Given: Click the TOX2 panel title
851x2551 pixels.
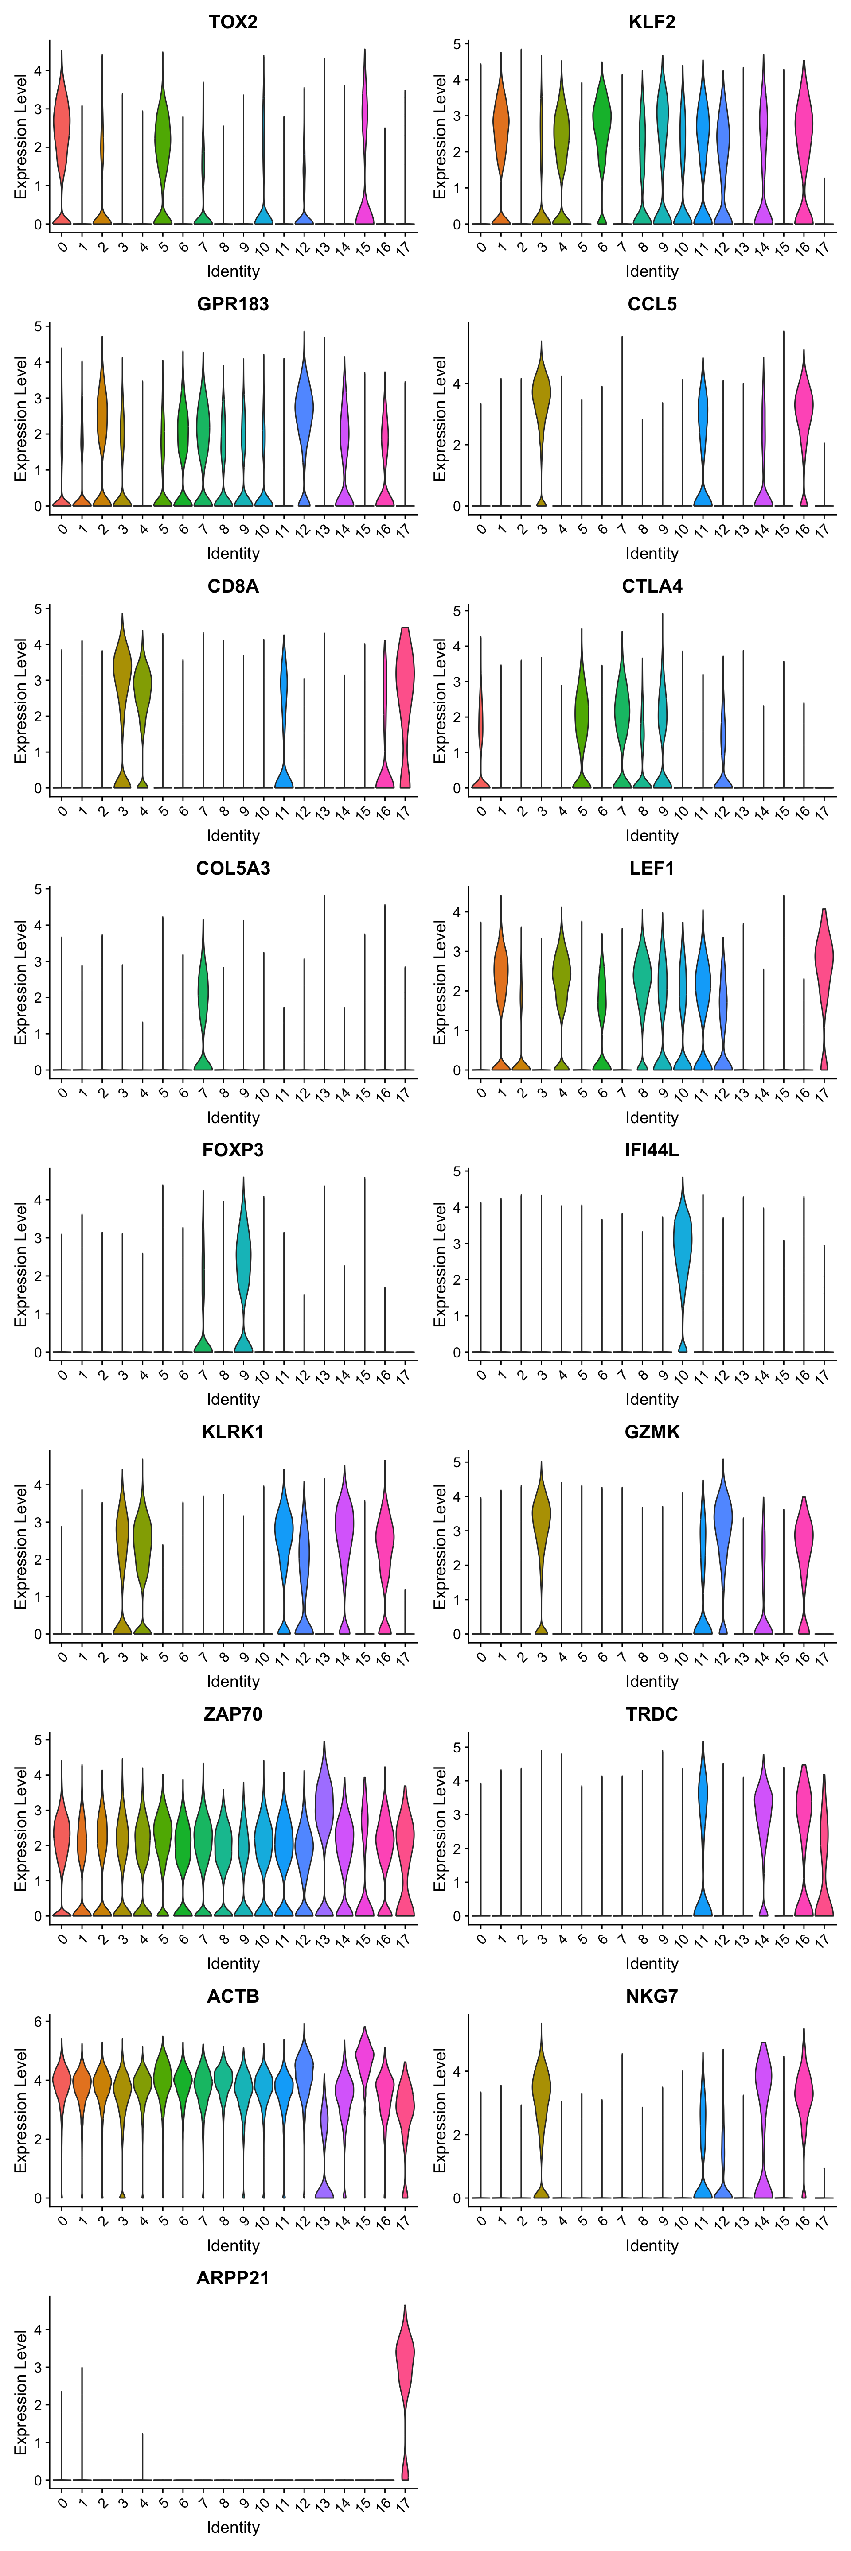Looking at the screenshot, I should pyautogui.click(x=233, y=22).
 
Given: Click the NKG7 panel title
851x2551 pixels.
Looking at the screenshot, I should pyautogui.click(x=652, y=1996).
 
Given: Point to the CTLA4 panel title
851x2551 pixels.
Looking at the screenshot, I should pyautogui.click(x=652, y=586).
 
